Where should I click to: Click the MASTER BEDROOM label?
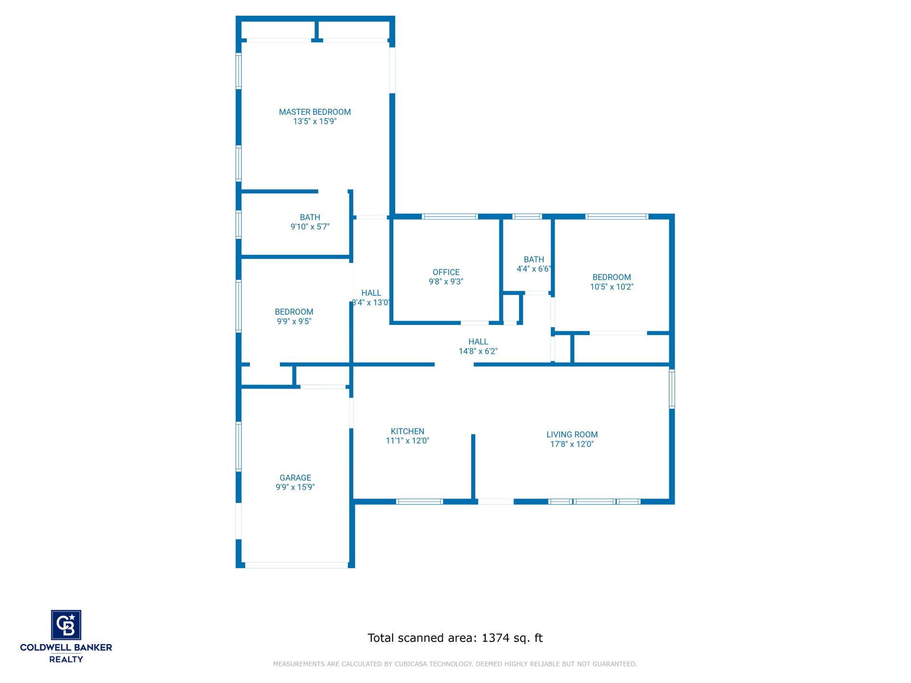(x=315, y=112)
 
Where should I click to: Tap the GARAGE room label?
(x=295, y=478)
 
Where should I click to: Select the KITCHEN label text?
(x=408, y=431)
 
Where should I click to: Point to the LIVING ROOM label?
(x=572, y=434)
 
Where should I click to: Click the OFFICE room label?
(x=446, y=272)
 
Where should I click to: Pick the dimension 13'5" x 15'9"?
(x=315, y=121)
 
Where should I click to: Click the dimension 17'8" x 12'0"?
(x=572, y=444)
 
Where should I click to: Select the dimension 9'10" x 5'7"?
(x=310, y=227)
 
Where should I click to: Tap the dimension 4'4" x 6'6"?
(x=534, y=269)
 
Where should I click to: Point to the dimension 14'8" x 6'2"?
(x=478, y=351)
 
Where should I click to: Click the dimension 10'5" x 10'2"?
(x=612, y=287)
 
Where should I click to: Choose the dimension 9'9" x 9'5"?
(x=294, y=322)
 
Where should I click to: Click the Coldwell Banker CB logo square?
(x=66, y=625)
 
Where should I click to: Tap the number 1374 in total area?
(x=495, y=638)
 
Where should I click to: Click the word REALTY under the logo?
(x=66, y=659)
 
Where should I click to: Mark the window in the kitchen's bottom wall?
(x=419, y=501)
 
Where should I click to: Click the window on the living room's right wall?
(x=672, y=389)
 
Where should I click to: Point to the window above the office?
(x=450, y=217)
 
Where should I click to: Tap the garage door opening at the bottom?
(x=297, y=565)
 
